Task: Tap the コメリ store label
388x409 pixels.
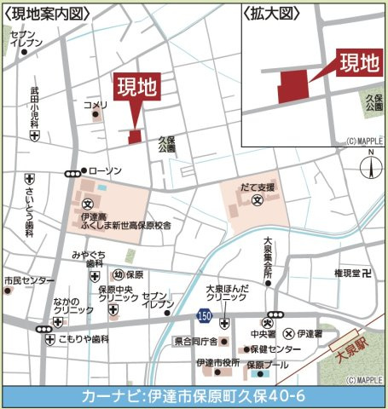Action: tap(96, 105)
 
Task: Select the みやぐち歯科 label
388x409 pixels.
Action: tap(88, 259)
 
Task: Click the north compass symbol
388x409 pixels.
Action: tap(371, 166)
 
